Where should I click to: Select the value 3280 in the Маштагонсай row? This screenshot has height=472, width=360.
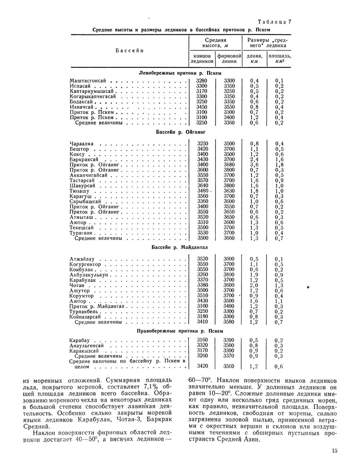pos(201,81)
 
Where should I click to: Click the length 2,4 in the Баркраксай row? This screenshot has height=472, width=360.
pos(254,160)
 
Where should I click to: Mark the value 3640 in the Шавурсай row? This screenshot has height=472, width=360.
pos(201,185)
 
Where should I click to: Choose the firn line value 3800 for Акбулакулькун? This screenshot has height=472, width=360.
pos(229,274)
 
